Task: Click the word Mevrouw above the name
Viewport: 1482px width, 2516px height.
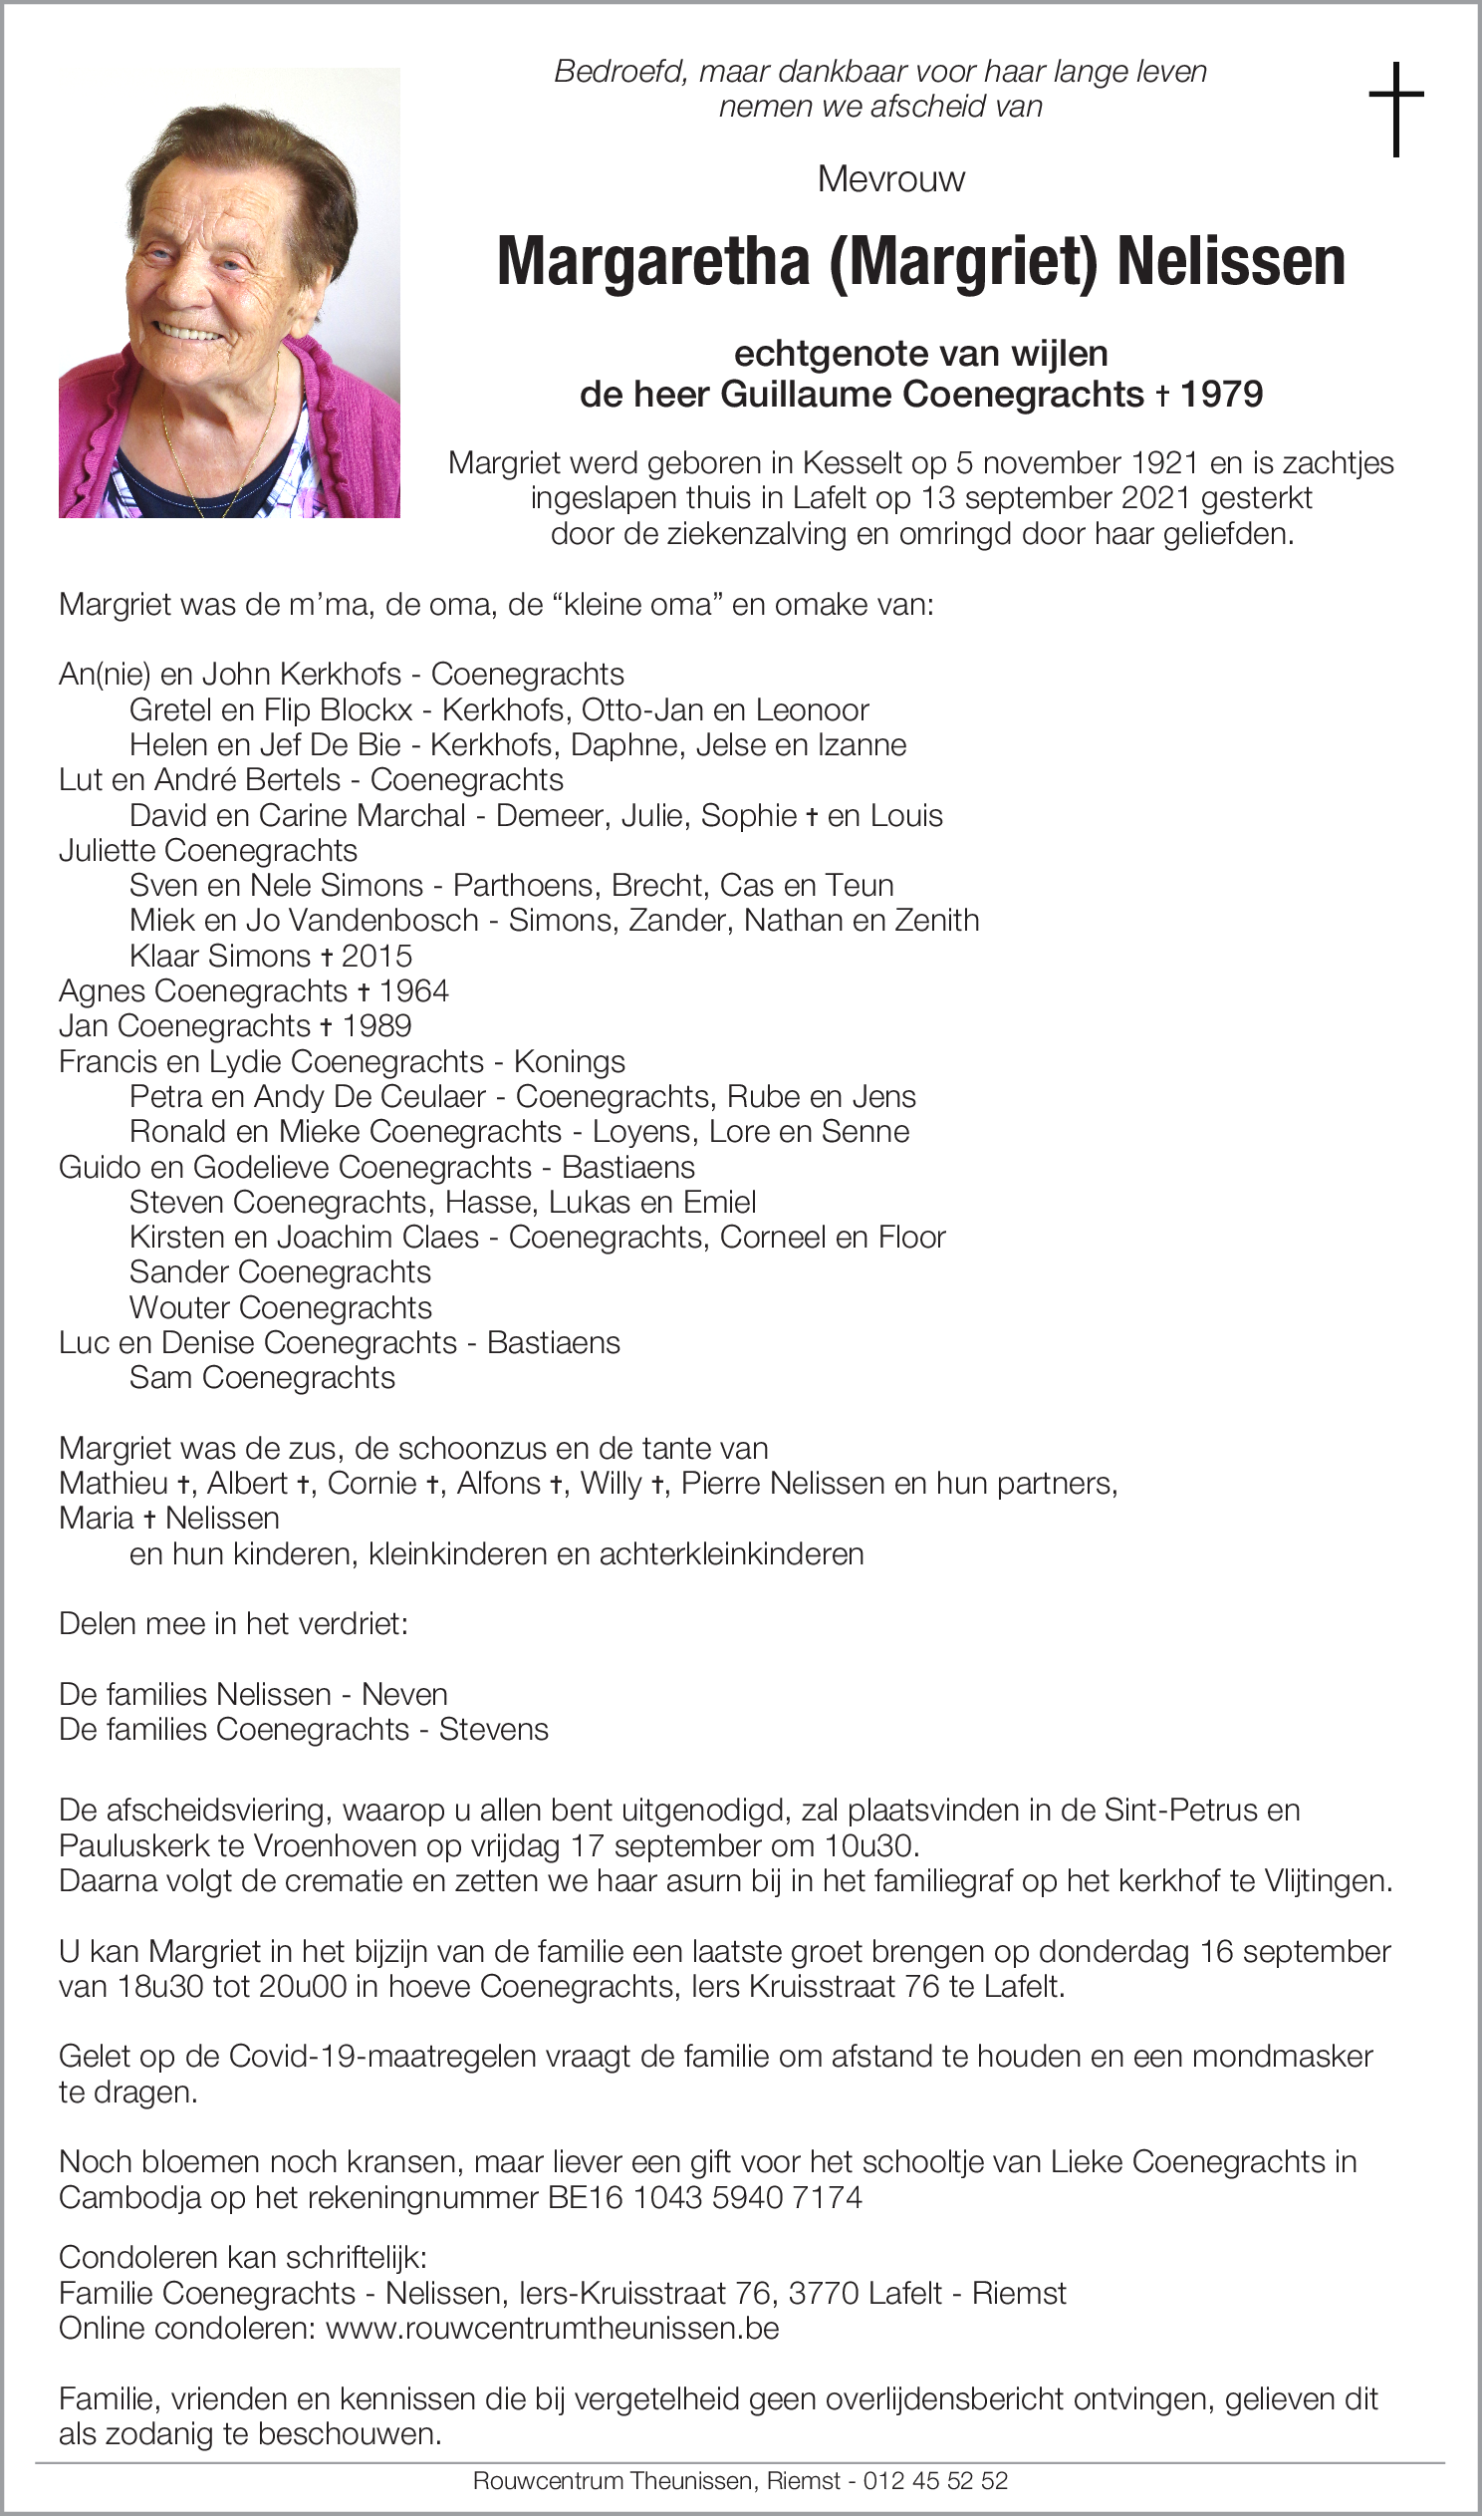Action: [890, 179]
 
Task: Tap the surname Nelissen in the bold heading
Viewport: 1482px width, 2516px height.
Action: [1231, 262]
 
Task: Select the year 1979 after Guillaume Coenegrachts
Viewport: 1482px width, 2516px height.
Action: [1221, 395]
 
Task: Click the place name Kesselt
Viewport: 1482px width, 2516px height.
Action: [851, 463]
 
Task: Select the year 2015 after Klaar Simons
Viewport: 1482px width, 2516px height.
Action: [376, 956]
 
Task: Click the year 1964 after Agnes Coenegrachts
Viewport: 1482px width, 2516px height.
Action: [413, 990]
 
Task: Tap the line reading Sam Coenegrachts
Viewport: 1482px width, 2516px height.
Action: [262, 1377]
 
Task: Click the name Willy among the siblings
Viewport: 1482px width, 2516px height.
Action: [612, 1484]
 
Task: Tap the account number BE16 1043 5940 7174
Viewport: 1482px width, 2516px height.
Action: [705, 2197]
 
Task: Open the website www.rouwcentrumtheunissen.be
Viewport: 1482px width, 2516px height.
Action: [552, 2329]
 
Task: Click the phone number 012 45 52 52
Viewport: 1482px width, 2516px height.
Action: [936, 2480]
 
